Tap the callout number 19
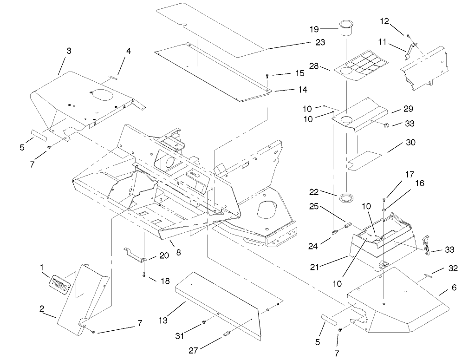coord(314,29)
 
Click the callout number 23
coord(319,42)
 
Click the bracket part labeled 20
coord(135,255)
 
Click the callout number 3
coord(68,51)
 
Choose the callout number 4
coord(129,51)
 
